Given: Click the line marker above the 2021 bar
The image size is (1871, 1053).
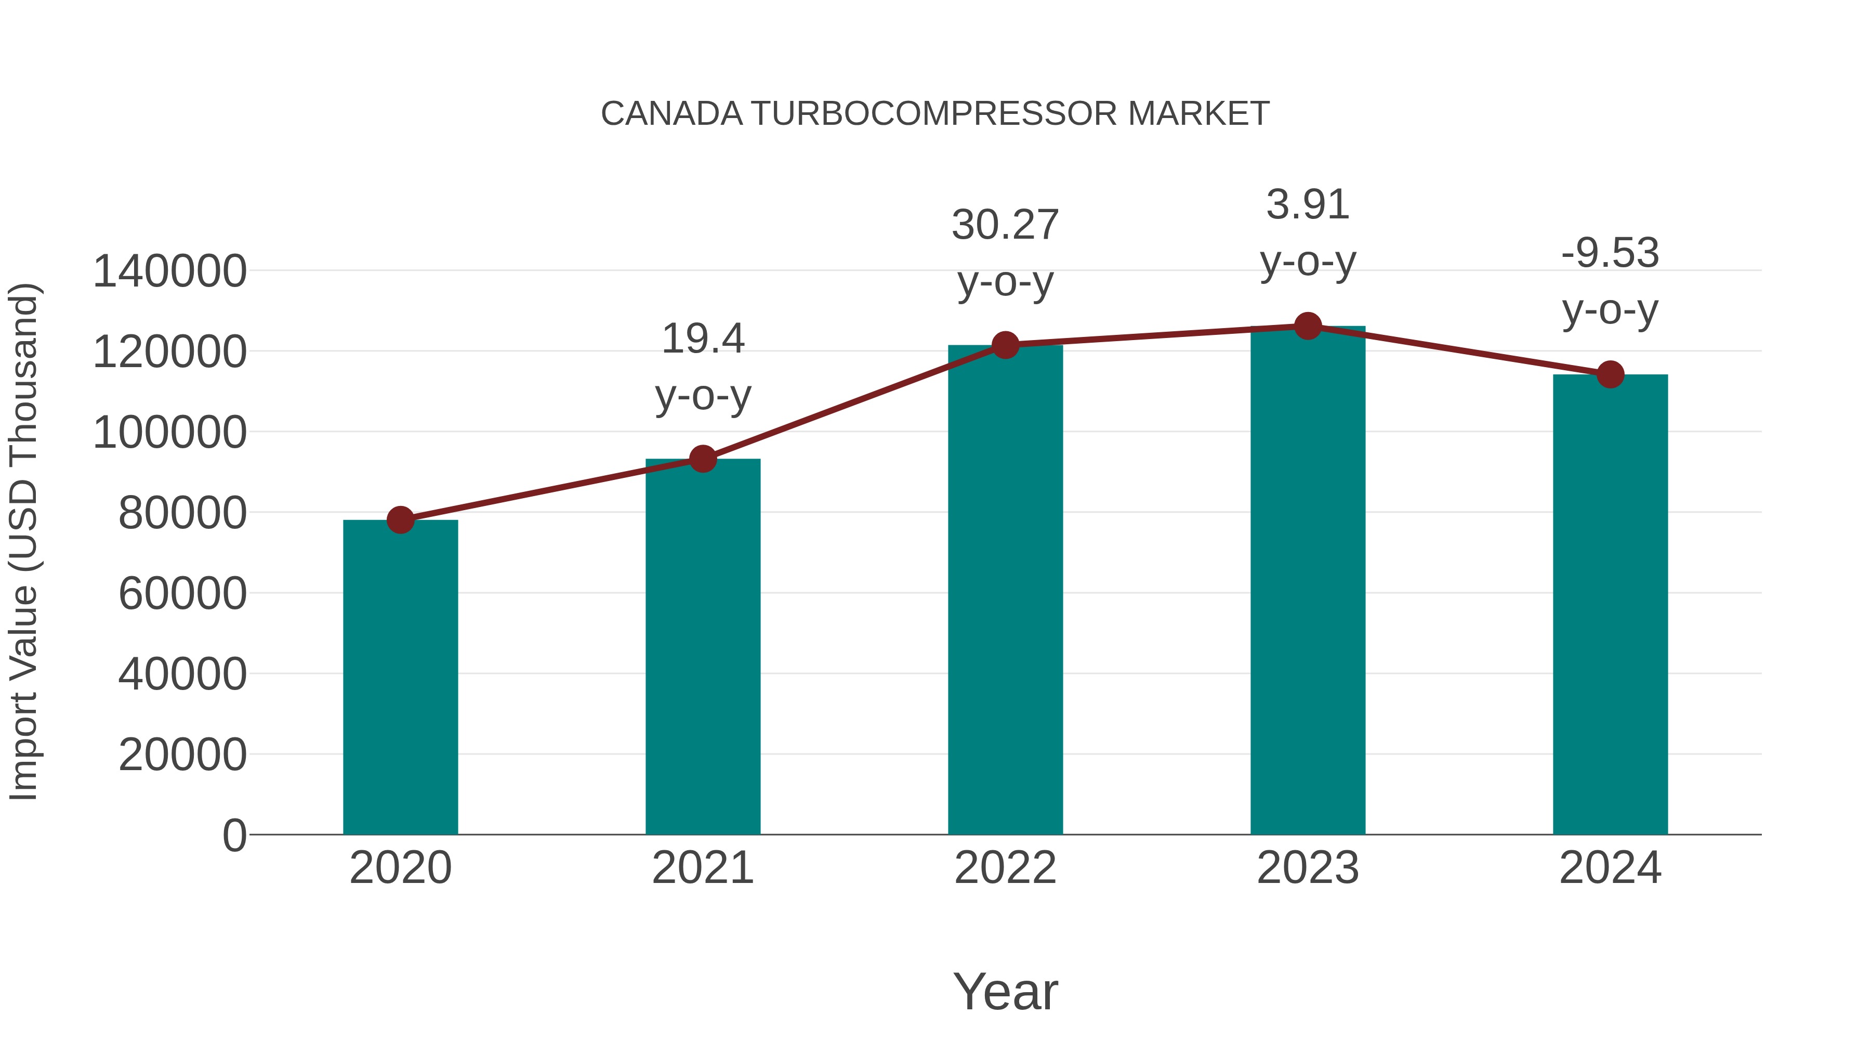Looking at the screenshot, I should (702, 459).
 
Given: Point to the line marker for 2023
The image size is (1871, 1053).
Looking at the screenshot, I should (1308, 326).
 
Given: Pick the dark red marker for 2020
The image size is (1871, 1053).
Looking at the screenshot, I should (400, 519).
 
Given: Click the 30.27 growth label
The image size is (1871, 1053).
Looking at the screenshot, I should (1005, 225).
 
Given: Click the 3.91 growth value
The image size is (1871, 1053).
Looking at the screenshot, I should (1308, 204).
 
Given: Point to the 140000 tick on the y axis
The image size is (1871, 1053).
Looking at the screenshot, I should (170, 272).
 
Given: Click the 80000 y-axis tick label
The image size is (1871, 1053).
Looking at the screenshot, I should (182, 513).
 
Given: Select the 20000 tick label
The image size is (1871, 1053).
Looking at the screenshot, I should (182, 755).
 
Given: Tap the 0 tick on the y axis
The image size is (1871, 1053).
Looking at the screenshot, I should (234, 835).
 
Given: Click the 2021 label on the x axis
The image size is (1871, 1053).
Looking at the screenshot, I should (702, 868).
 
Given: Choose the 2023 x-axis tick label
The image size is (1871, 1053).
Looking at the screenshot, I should (1308, 868).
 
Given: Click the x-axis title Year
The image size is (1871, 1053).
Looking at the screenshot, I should (1005, 991).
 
